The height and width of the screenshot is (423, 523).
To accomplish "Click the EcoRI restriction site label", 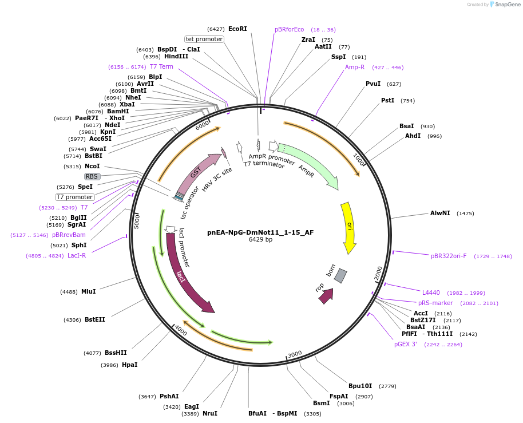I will [237, 29].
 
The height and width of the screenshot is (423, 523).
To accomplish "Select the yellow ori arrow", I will [347, 226].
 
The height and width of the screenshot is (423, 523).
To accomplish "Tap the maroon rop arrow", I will [326, 296].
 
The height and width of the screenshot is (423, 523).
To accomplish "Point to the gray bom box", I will [340, 275].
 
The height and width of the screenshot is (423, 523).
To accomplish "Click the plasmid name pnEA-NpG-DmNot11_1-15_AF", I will [260, 232].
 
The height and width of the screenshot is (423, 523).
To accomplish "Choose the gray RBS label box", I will [92, 176].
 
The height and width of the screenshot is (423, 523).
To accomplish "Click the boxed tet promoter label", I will [204, 39].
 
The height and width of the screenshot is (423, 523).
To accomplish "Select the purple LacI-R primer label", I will [77, 255].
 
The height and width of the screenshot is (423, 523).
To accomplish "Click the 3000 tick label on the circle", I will [295, 354].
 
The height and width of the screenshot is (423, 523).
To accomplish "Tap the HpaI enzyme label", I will [129, 365].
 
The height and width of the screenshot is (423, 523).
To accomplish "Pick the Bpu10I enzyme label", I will [360, 386].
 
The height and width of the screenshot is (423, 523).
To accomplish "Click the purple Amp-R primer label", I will [355, 67].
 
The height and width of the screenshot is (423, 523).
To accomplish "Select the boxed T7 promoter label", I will [75, 197].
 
